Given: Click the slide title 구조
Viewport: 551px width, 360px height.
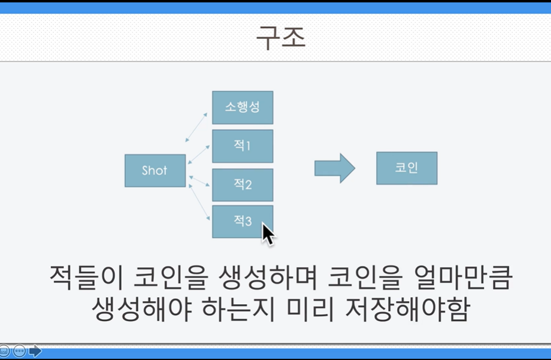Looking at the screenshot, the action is [x=281, y=37].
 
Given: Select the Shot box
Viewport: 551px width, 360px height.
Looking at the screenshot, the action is [x=155, y=171].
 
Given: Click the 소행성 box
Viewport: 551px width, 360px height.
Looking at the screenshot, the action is [x=243, y=108].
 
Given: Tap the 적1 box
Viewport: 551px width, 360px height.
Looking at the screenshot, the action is [x=243, y=146].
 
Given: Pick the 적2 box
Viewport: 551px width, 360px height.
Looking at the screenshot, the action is [x=243, y=185].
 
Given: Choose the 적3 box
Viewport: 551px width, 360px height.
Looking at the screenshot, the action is [x=243, y=222].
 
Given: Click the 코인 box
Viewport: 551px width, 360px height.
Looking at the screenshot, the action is [x=407, y=168].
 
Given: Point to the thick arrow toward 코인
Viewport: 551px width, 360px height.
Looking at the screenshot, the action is [x=335, y=168].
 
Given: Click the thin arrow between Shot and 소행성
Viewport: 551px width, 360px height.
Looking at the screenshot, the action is [x=196, y=127].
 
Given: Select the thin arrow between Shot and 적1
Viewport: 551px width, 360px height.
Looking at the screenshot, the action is [x=199, y=155].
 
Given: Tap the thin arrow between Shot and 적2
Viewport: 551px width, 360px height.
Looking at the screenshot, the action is [x=199, y=181].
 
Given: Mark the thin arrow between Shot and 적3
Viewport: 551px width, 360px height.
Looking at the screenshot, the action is [x=199, y=202].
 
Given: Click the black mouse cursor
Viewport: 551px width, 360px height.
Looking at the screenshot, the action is [x=268, y=234].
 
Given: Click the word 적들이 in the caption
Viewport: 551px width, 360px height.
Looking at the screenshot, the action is [x=86, y=277].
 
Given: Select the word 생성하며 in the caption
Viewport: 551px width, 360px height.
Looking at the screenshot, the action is [x=268, y=277].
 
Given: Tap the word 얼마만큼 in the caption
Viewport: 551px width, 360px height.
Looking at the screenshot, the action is [x=462, y=277].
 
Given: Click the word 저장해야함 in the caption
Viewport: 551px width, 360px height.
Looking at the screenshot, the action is [x=407, y=309].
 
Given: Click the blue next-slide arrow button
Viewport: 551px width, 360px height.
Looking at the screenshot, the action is [x=35, y=351].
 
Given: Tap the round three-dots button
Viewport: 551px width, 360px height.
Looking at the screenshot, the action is [x=19, y=351].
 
